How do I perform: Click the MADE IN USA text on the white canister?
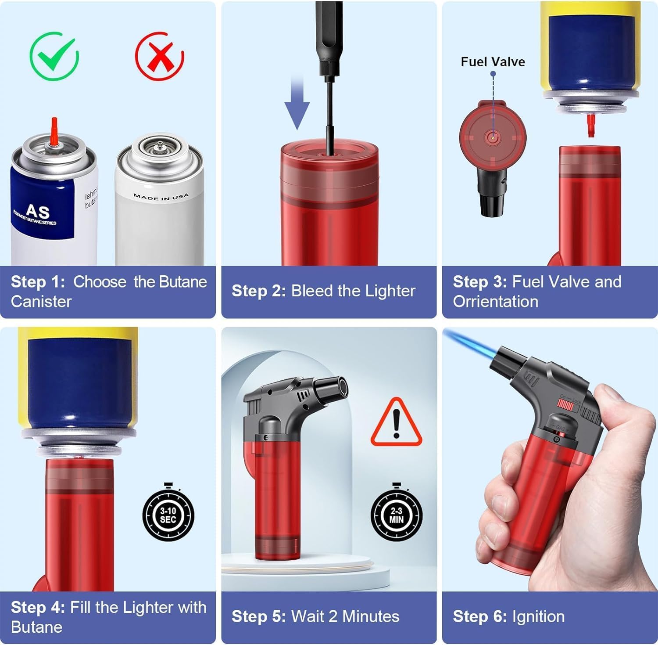pos(161,197)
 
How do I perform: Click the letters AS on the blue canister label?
pos(38,212)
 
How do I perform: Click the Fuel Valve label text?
pos(493,62)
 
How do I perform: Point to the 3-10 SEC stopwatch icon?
pos(168,515)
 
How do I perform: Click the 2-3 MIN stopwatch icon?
pos(396,515)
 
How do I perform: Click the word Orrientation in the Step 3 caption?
pos(495,302)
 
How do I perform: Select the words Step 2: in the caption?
pos(258,291)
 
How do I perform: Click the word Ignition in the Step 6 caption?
pos(538,616)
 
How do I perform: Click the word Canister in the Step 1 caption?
pos(41,302)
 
